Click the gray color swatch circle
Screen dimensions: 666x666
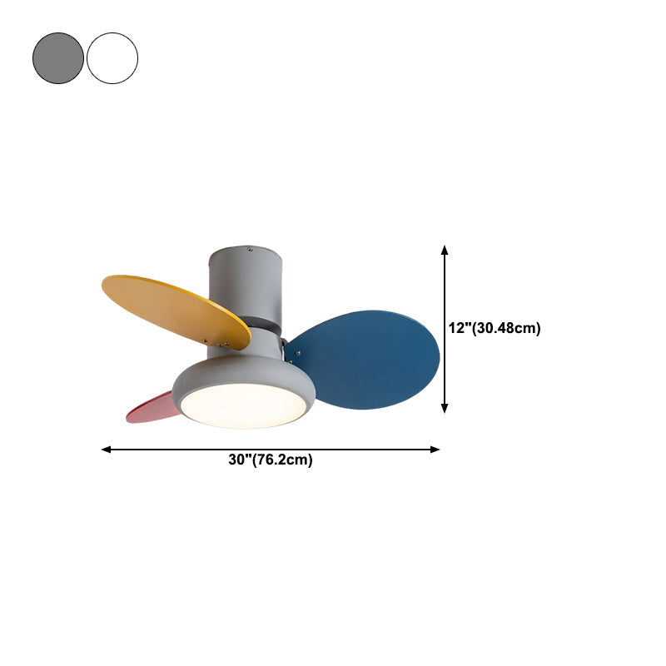click(58, 58)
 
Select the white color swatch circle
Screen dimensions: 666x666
click(112, 58)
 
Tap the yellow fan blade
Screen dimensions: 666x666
click(174, 310)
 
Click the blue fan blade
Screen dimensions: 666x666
click(365, 360)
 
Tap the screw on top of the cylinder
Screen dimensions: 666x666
click(250, 249)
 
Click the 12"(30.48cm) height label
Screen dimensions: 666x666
click(495, 328)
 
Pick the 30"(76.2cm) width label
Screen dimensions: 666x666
click(271, 460)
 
